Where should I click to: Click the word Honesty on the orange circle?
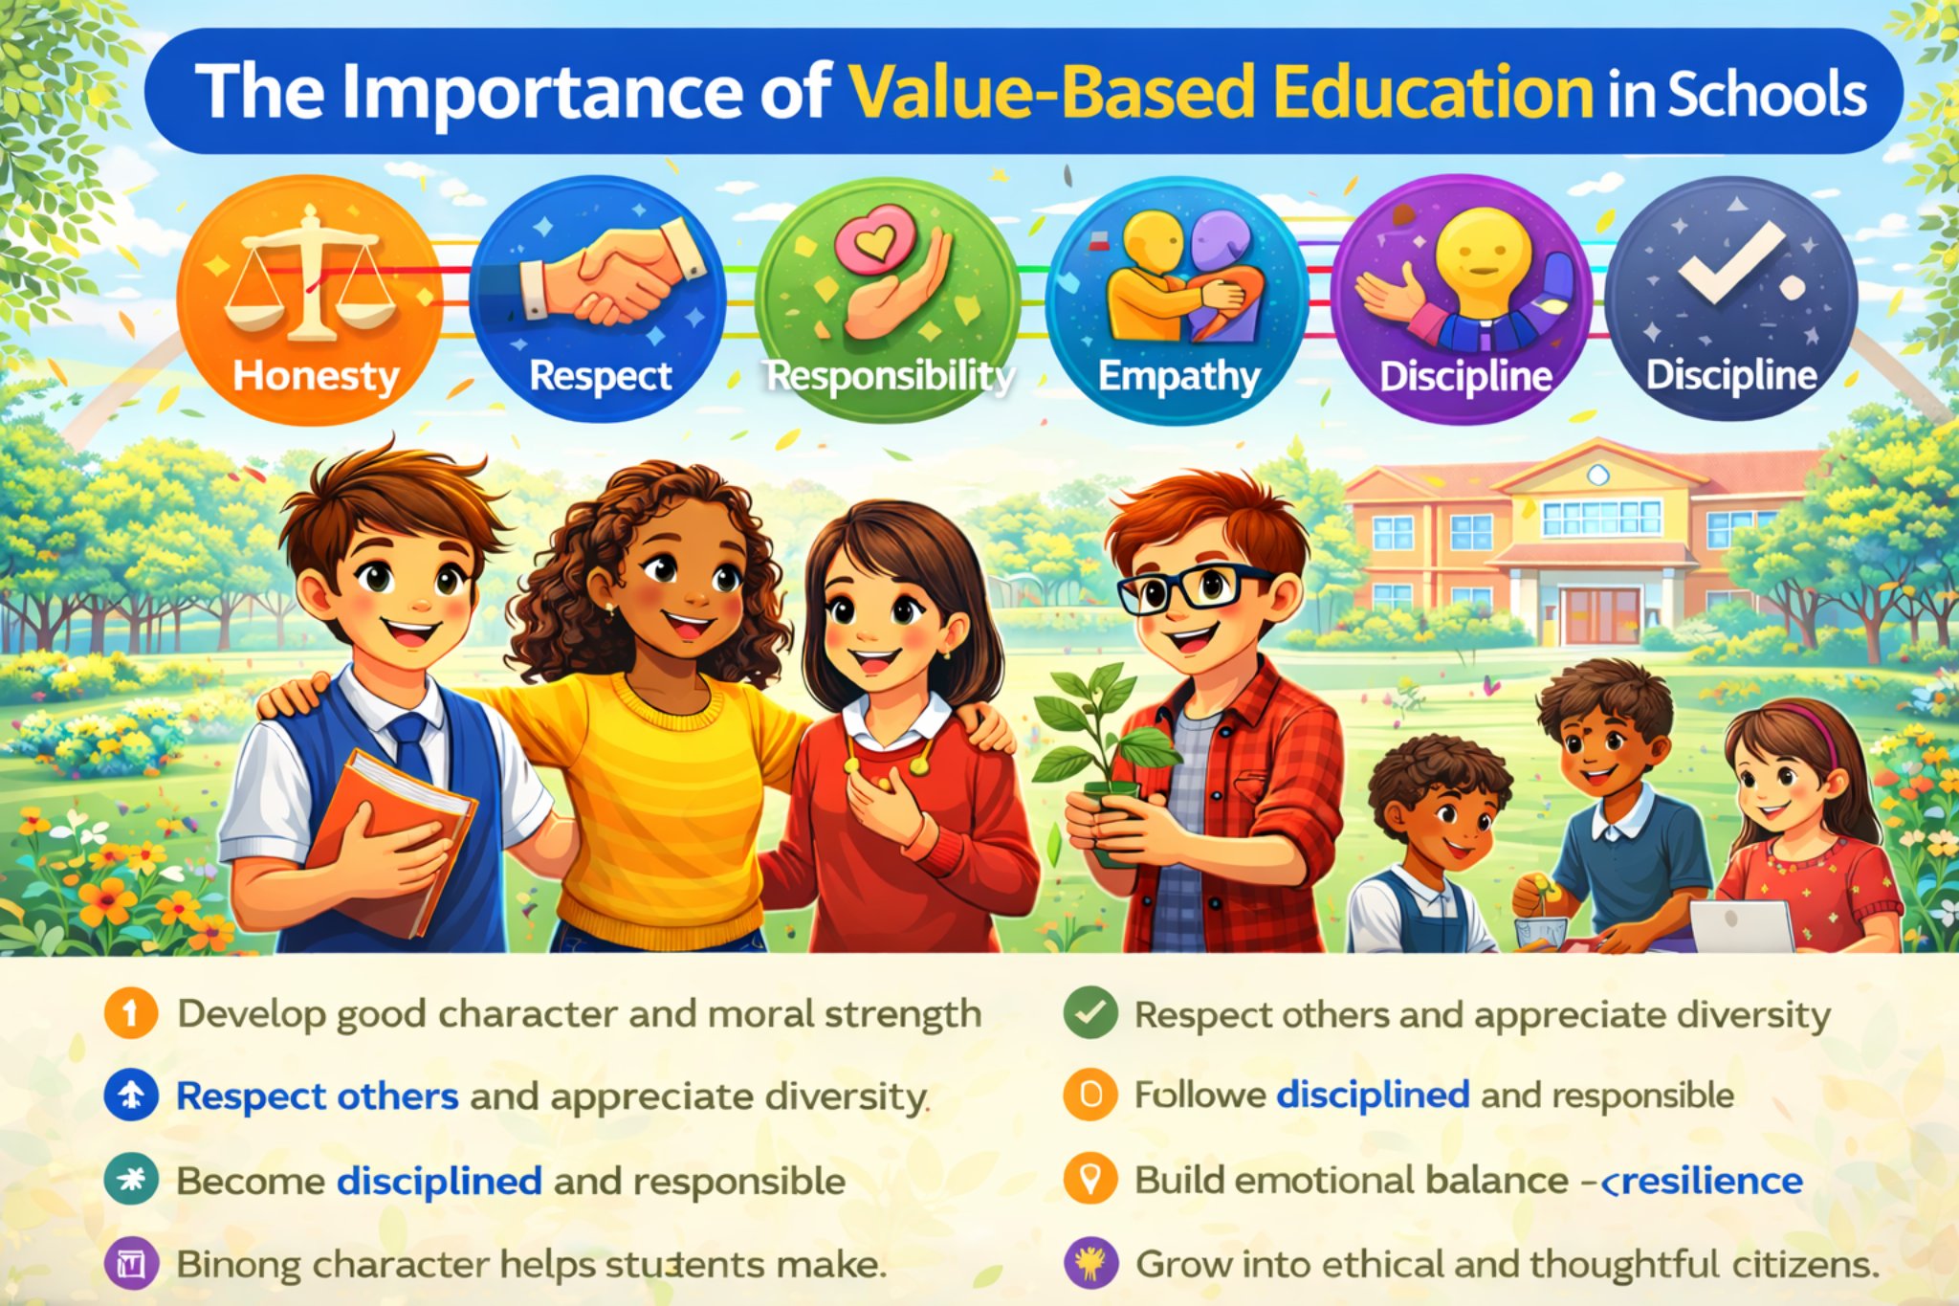(x=316, y=375)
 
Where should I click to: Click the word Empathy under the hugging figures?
(x=1178, y=376)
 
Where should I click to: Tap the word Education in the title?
(x=1432, y=93)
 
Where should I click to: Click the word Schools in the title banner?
(x=1768, y=94)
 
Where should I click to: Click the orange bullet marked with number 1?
(x=131, y=1012)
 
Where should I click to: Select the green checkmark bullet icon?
(x=1090, y=1012)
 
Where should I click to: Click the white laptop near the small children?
(x=1741, y=926)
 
